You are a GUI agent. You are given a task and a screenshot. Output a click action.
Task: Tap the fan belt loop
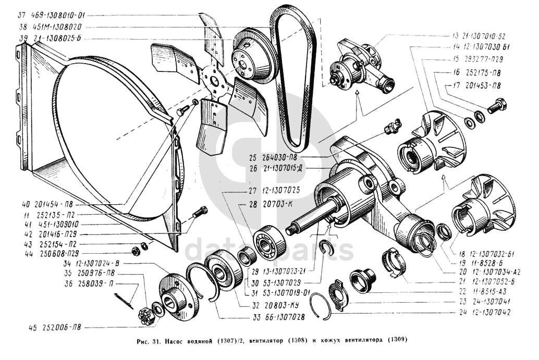click(293, 78)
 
